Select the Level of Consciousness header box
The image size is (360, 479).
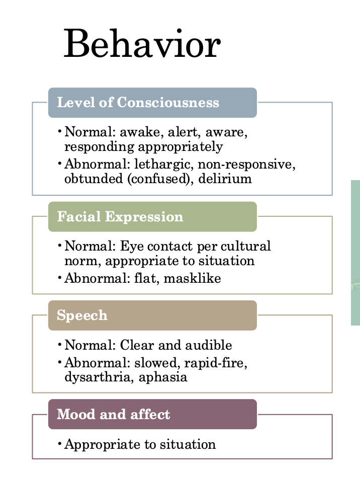152,103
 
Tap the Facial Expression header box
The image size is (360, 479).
152,217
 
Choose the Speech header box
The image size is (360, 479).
152,315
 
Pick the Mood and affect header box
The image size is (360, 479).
152,414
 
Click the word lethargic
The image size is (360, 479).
163,165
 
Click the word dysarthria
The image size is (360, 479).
96,377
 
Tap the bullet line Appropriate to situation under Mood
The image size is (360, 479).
140,444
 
